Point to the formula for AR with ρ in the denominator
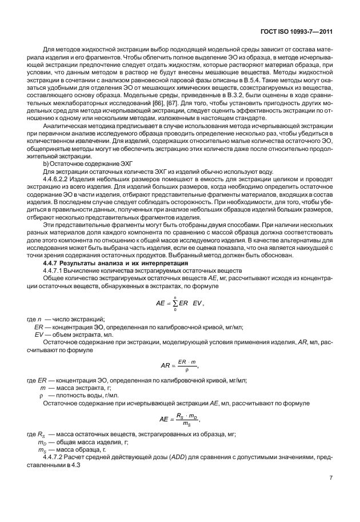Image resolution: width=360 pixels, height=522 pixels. click(x=179, y=365)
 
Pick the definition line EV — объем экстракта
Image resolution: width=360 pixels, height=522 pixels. click(x=74, y=336)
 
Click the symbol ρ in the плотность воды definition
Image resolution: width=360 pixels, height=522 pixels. click(x=41, y=395)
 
